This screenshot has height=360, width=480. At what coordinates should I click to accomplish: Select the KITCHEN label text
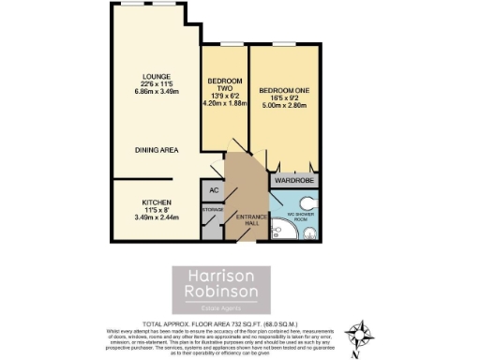(x=155, y=202)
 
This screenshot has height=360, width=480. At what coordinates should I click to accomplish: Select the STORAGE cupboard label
(x=213, y=209)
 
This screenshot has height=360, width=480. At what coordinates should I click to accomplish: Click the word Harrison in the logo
(x=220, y=277)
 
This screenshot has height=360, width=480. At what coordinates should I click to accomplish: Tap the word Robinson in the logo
(x=219, y=292)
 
